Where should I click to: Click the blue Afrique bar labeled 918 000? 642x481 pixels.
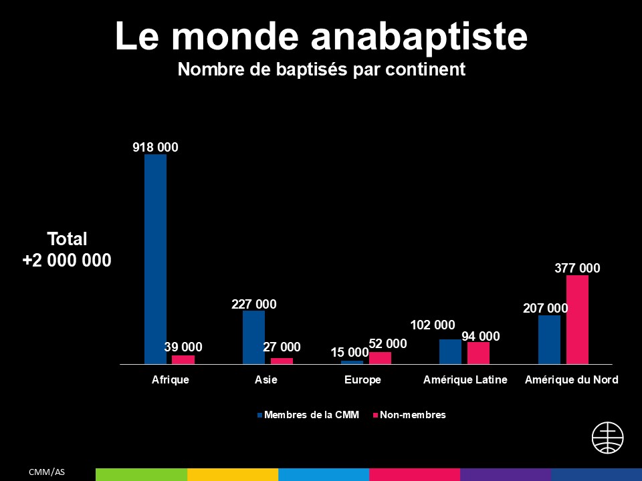click(x=155, y=259)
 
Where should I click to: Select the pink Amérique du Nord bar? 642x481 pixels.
click(x=577, y=319)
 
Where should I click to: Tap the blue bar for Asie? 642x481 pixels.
click(x=253, y=337)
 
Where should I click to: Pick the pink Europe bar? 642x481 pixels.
click(x=380, y=358)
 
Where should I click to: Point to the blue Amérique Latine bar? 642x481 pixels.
click(x=450, y=351)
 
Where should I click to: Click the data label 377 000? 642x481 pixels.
click(x=577, y=269)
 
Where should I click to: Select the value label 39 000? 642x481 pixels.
click(x=183, y=347)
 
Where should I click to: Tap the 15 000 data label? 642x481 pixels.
click(x=350, y=352)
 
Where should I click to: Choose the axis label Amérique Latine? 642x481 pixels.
click(x=465, y=380)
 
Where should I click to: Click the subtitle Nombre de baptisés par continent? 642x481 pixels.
click(x=321, y=69)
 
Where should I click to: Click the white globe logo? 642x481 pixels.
click(x=608, y=438)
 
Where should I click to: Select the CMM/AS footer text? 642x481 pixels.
click(x=46, y=472)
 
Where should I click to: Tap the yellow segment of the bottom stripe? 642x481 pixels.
click(x=233, y=474)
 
